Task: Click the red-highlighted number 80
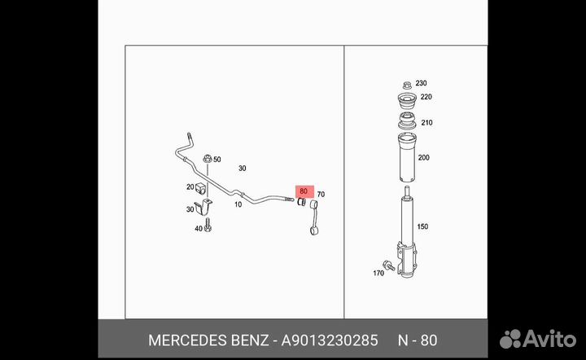[x=304, y=191]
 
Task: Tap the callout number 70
[x=321, y=195]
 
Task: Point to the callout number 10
[x=238, y=204]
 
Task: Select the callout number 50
[x=217, y=160]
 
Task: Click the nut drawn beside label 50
[x=208, y=159]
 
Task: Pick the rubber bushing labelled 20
[x=201, y=189]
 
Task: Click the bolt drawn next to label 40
[x=208, y=226]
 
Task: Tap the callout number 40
[x=199, y=228]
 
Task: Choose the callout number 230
[x=422, y=83]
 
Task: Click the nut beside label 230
[x=408, y=86]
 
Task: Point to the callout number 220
[x=426, y=97]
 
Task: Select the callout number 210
[x=426, y=123]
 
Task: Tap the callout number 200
[x=424, y=158]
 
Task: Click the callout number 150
[x=422, y=226]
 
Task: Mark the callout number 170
[x=378, y=274]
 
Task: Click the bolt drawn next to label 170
[x=389, y=265]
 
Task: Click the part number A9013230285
[x=330, y=340]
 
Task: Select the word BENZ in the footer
[x=250, y=340]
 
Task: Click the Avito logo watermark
[x=538, y=339]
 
